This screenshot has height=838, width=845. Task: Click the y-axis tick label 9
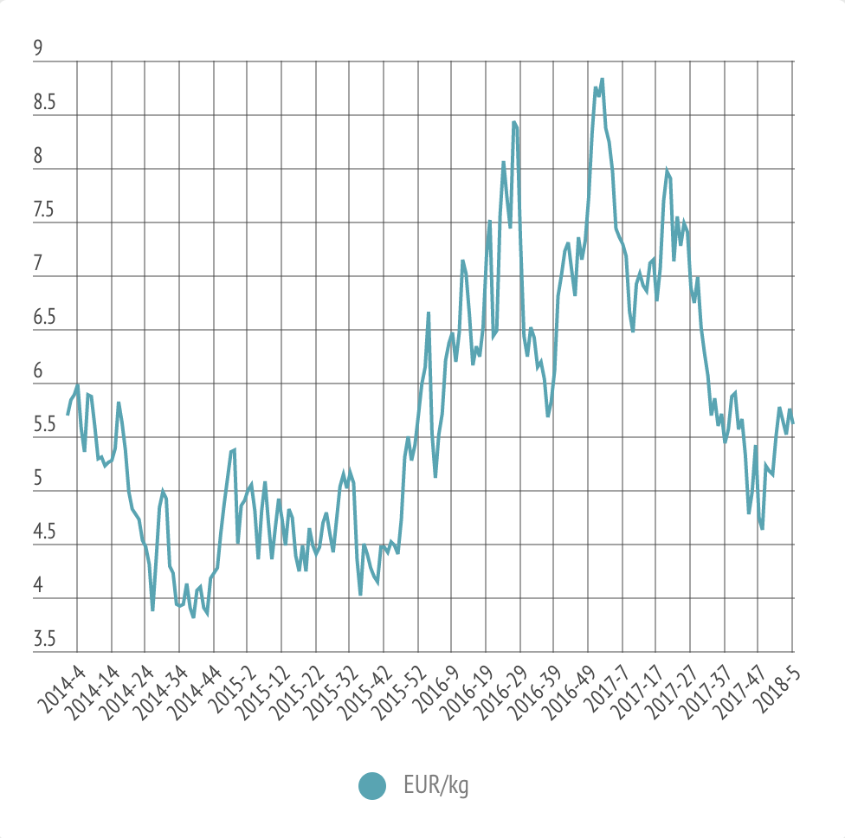[x=38, y=48]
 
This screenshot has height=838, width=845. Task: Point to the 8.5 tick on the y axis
[x=44, y=103]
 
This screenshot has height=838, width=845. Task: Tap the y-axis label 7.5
[x=44, y=210]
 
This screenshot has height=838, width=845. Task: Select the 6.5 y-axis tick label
[x=44, y=318]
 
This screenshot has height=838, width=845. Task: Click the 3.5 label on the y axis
[x=44, y=640]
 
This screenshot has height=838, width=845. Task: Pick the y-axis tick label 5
[x=38, y=479]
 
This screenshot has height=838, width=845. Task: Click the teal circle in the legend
[x=372, y=786]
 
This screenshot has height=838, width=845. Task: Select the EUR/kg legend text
[x=436, y=786]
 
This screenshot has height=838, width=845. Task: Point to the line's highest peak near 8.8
[x=602, y=80]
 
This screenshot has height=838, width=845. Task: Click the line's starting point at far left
[x=68, y=415]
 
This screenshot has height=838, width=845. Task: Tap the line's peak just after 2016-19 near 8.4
[x=514, y=122]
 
